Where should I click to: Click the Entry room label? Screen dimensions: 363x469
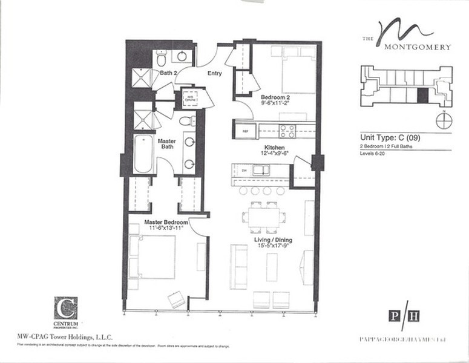(214, 73)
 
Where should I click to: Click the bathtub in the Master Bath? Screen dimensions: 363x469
(143, 154)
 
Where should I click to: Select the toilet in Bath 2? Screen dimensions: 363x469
(162, 59)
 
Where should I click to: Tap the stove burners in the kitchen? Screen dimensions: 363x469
(287, 130)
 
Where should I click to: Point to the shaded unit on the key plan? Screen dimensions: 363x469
(423, 94)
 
